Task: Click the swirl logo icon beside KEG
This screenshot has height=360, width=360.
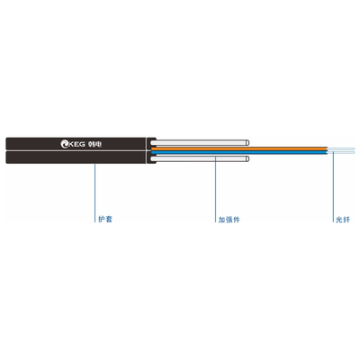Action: click(65, 144)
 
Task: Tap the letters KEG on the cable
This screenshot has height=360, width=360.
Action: click(77, 144)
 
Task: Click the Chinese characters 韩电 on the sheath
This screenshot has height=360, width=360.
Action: click(95, 144)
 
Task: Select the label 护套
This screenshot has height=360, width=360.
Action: click(105, 219)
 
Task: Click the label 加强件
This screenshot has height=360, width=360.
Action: click(229, 220)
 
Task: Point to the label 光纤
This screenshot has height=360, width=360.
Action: click(343, 220)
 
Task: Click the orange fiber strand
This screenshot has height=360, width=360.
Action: click(239, 148)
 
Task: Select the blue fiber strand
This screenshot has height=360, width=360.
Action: click(239, 152)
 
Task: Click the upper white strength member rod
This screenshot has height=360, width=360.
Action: click(200, 143)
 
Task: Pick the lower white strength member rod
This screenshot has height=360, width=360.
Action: click(200, 158)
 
